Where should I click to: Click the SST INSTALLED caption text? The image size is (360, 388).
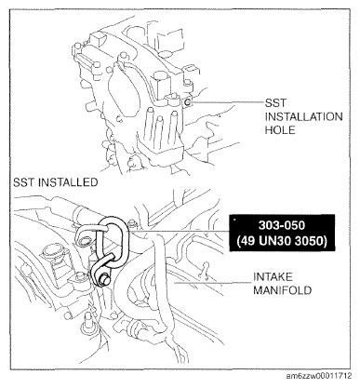pos(54,183)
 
